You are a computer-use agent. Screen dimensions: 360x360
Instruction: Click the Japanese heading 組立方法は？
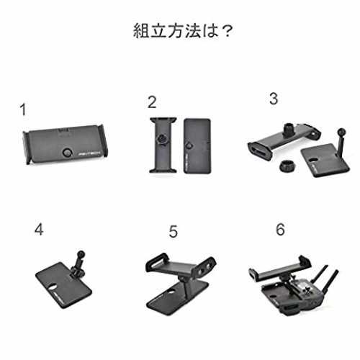[183, 31]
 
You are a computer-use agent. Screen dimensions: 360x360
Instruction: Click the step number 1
[23, 109]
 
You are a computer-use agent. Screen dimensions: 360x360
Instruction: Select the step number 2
[152, 102]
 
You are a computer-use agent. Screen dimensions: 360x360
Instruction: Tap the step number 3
[274, 99]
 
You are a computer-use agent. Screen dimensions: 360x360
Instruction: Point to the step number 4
[39, 229]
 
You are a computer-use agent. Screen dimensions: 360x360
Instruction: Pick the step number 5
[174, 231]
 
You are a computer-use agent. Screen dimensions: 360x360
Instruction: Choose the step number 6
[280, 229]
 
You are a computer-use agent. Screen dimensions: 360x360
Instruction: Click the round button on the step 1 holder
[66, 152]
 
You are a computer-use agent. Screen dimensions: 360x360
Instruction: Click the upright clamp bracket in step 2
[163, 145]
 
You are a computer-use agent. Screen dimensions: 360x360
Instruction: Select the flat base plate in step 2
[197, 145]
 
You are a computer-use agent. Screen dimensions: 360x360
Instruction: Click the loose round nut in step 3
[289, 166]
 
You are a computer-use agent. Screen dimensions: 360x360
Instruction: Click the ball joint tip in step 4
[81, 253]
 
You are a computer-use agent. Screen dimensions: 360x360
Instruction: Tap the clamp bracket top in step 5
[181, 266]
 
